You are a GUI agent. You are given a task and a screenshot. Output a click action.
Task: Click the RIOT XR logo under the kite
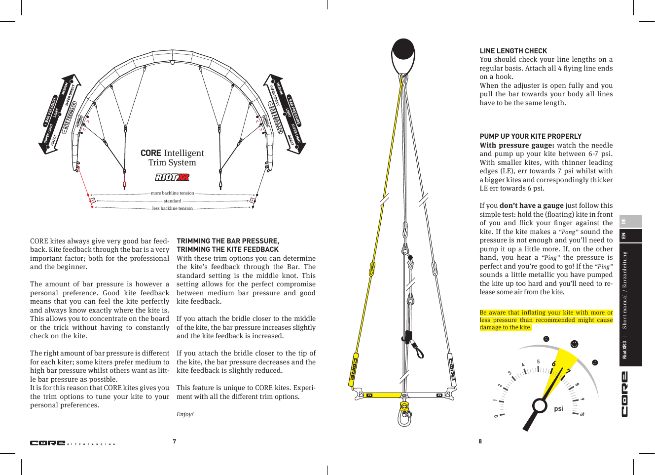pos(172,177)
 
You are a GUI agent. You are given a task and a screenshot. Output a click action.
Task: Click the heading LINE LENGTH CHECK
pos(513,51)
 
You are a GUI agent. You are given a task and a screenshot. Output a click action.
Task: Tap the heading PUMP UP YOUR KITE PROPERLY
pos(530,136)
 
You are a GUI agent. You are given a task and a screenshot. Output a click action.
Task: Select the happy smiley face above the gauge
pos(574,344)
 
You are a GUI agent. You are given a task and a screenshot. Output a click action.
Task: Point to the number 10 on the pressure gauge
pos(582,414)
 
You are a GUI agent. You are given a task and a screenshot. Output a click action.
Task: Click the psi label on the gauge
pos(558,408)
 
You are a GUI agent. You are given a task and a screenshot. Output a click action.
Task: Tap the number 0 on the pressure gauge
pos(496,416)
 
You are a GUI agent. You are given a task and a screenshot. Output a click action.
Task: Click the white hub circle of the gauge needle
pos(540,406)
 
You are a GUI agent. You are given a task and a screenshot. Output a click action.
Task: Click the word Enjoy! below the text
pos(185,414)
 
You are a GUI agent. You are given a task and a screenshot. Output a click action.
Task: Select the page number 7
pos(174,441)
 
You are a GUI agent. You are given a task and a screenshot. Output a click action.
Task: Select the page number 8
pos(480,441)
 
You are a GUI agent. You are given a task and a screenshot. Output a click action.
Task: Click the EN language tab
pos(624,236)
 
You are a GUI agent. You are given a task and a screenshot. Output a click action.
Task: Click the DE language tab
pos(624,221)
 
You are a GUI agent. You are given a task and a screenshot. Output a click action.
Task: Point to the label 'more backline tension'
pos(173,193)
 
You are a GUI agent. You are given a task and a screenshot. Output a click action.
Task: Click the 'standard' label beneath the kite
pos(173,201)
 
